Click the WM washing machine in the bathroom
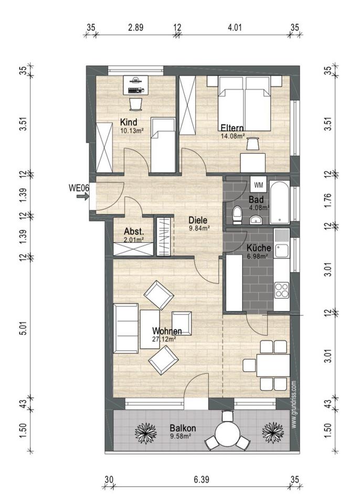258,185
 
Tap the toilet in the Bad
238,215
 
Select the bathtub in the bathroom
280,202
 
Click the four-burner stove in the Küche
282,290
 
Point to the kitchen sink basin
282,251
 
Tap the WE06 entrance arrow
82,197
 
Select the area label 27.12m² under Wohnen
164,339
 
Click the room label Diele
198,220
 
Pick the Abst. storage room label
134,232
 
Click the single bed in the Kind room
163,145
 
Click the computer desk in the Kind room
135,85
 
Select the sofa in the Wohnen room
126,328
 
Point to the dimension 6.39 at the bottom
202,480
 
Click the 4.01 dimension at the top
235,27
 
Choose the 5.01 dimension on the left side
23,328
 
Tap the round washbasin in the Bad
256,220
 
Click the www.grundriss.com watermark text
294,404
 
